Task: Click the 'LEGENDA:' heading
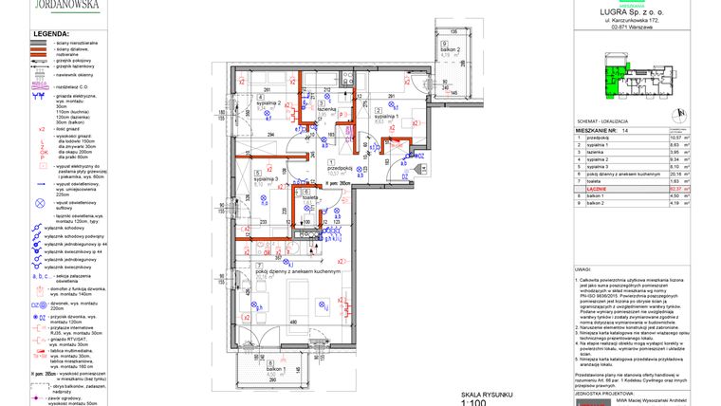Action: pyautogui.click(x=50, y=34)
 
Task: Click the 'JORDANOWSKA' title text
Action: pyautogui.click(x=69, y=4)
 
